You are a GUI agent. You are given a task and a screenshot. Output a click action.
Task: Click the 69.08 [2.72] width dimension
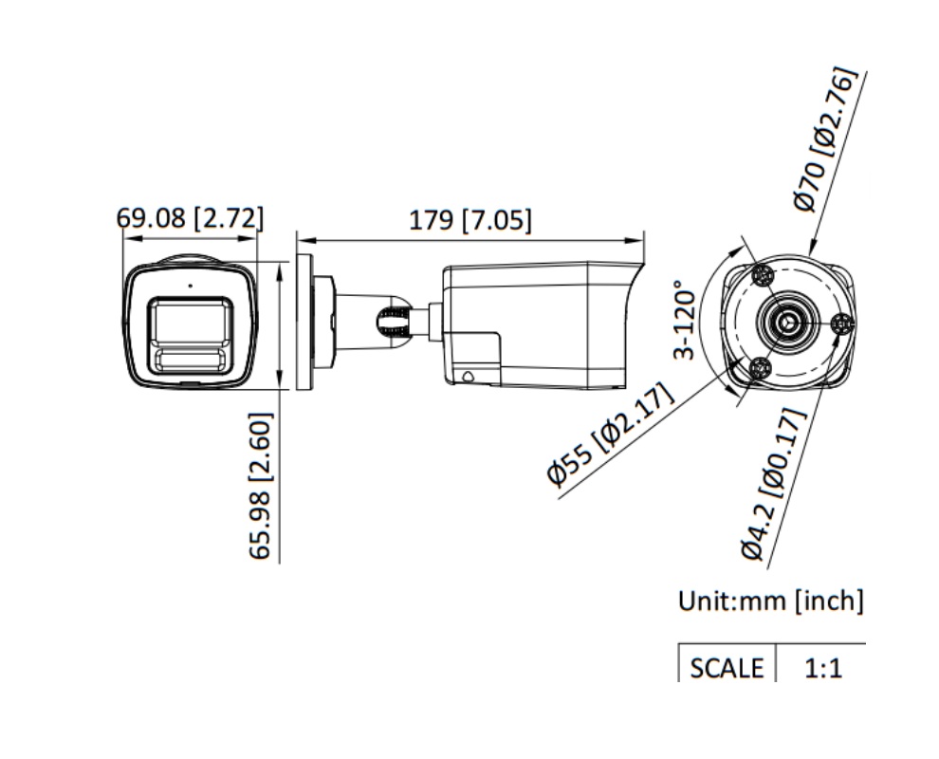pos(190,218)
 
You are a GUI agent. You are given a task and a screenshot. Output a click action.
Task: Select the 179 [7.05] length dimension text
pos(469,220)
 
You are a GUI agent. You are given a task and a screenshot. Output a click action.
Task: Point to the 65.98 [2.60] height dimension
pos(261,485)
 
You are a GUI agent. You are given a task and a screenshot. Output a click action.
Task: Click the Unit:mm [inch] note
pos(770,601)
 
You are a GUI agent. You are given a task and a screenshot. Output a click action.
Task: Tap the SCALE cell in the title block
pos(727,667)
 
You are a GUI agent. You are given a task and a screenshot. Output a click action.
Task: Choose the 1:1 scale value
pos(822,668)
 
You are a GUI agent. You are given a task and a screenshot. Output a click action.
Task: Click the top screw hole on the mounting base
pos(764,276)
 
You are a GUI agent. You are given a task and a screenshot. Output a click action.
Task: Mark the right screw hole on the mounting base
pos(840,324)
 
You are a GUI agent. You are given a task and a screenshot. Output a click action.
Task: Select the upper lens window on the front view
pos(189,322)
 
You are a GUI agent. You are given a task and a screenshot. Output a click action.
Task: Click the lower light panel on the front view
pos(189,359)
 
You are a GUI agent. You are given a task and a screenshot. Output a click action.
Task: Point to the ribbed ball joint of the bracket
pos(394,320)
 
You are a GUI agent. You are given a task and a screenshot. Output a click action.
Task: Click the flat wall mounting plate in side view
pos(304,322)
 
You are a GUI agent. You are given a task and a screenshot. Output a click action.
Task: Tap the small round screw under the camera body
pos(467,376)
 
